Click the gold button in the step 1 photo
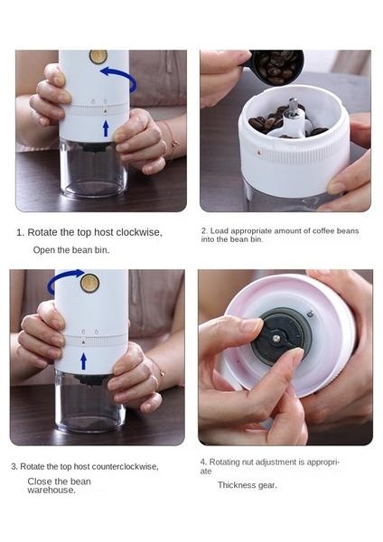point(98,56)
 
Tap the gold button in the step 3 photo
point(89,283)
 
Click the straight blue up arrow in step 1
point(106,128)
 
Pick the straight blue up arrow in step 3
point(83,361)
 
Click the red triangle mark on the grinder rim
point(259,152)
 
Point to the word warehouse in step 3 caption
point(51,491)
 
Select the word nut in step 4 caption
point(248,463)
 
